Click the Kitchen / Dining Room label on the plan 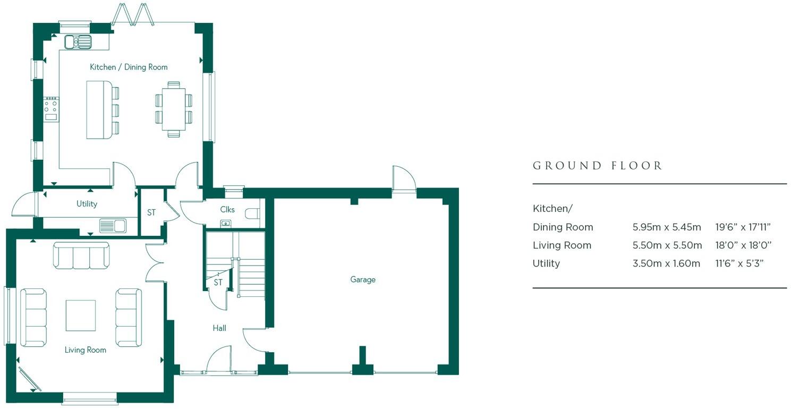click(129, 67)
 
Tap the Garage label click(363, 279)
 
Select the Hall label click(219, 328)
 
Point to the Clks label click(227, 209)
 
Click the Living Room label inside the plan click(86, 350)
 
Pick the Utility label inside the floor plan click(87, 204)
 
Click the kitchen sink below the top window click(78, 41)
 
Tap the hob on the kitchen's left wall click(51, 109)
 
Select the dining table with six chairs click(174, 109)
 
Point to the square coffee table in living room click(81, 316)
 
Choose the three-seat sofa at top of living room click(81, 255)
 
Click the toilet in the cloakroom click(253, 214)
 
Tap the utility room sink click(112, 226)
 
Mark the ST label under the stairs click(218, 283)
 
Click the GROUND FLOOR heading click(598, 166)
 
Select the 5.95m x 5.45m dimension click(667, 227)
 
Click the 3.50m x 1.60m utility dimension click(667, 263)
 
